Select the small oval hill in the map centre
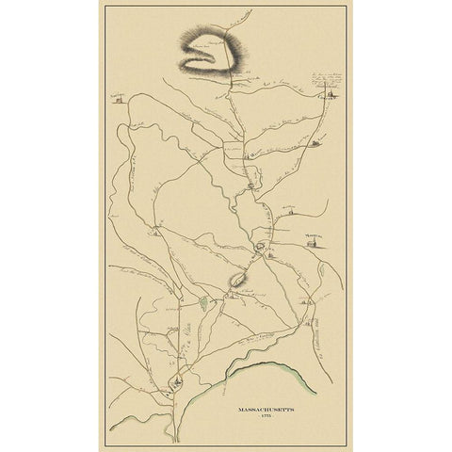[239, 279]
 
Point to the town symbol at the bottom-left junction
[173, 380]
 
